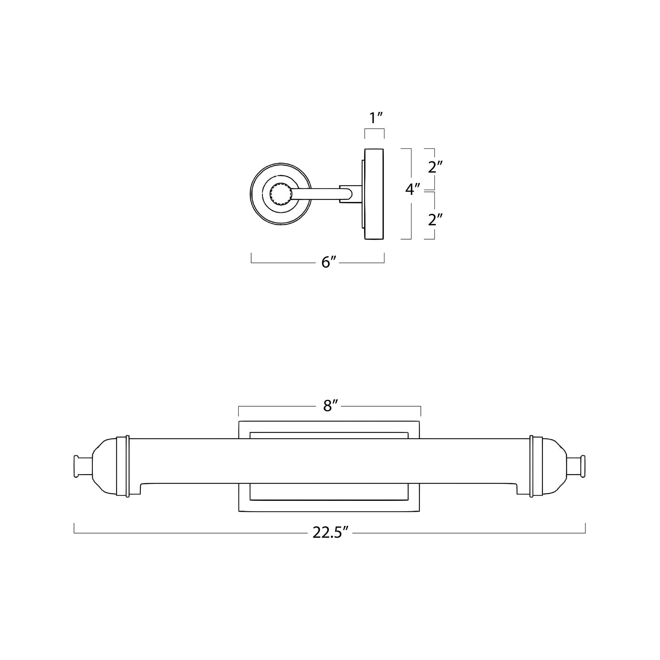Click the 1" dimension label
coord(376,118)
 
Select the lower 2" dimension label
coord(435,219)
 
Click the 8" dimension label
coord(331,405)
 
